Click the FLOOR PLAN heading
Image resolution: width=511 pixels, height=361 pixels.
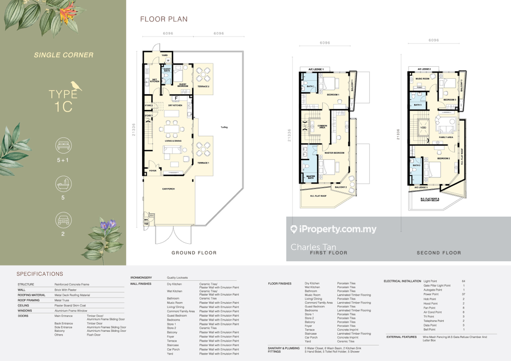(x=164, y=19)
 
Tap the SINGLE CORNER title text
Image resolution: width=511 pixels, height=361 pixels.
(x=63, y=55)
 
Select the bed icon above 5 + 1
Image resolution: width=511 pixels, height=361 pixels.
(x=63, y=146)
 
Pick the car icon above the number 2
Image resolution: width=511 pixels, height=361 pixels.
(x=63, y=221)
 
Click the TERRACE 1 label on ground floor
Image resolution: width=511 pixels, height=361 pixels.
(x=203, y=163)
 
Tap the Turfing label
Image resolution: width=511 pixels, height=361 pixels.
(x=224, y=127)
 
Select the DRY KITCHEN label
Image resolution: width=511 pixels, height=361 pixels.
(x=175, y=105)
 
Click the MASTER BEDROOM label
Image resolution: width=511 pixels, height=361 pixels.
(x=334, y=153)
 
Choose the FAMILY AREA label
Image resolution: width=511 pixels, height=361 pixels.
(x=446, y=137)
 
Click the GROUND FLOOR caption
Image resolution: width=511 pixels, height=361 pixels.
(x=194, y=253)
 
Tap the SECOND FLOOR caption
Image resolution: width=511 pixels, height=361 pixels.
(x=439, y=253)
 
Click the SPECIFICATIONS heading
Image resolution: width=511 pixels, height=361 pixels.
(x=40, y=274)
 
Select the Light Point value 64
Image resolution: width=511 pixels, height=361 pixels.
(x=463, y=281)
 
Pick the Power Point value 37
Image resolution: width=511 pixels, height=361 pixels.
(x=463, y=294)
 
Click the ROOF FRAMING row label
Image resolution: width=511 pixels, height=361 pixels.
(x=29, y=300)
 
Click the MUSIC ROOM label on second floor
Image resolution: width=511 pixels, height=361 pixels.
(x=422, y=79)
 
